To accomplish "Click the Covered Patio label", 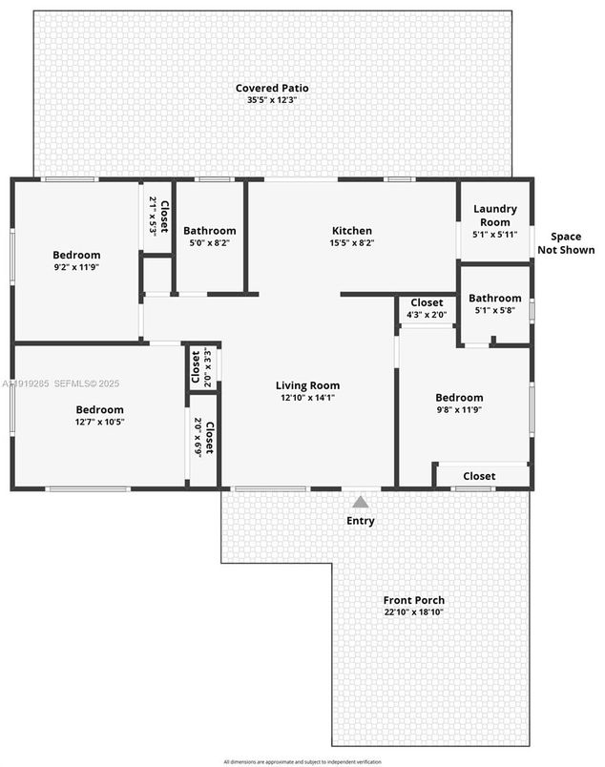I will pyautogui.click(x=272, y=89).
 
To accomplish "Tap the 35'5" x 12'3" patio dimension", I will pyautogui.click(x=272, y=100).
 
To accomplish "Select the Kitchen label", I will pyautogui.click(x=351, y=231).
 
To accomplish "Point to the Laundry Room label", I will pyautogui.click(x=494, y=215).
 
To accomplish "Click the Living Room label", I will pyautogui.click(x=307, y=385).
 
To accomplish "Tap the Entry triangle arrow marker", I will pyautogui.click(x=361, y=502).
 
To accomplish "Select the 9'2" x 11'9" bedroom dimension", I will pyautogui.click(x=76, y=267).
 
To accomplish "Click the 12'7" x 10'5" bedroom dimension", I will pyautogui.click(x=100, y=422).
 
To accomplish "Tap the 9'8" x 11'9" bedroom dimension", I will pyautogui.click(x=459, y=410).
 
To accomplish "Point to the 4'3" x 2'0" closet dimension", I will pyautogui.click(x=426, y=314).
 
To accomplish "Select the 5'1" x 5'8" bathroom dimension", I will pyautogui.click(x=494, y=310).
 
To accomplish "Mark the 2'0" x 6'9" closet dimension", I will pyautogui.click(x=198, y=437).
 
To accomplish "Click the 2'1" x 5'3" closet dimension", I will pyautogui.click(x=152, y=216).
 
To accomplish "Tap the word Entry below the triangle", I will pyautogui.click(x=361, y=521).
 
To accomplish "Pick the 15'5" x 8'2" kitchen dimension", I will pyautogui.click(x=351, y=242).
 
